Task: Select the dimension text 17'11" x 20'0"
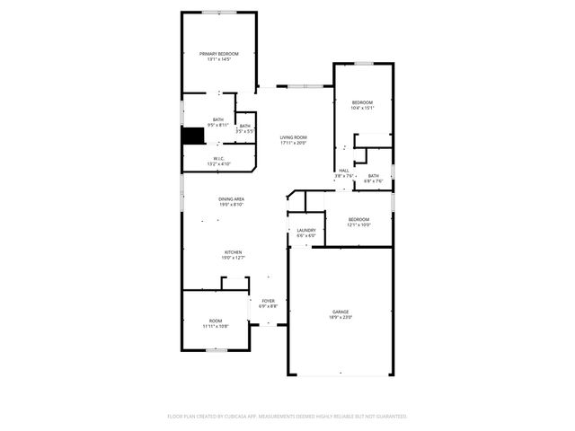click(x=293, y=143)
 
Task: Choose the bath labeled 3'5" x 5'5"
click(x=244, y=128)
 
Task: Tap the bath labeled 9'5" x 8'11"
click(x=217, y=122)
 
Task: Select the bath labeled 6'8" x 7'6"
click(x=373, y=179)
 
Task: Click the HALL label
click(x=344, y=171)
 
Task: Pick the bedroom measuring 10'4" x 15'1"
click(x=362, y=105)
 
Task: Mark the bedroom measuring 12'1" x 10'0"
click(x=358, y=222)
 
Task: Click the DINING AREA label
click(x=232, y=201)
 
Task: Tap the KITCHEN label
click(x=233, y=254)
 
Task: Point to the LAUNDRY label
click(x=305, y=233)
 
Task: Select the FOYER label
click(x=268, y=302)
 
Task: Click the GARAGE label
click(x=341, y=312)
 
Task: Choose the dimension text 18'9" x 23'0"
click(x=341, y=317)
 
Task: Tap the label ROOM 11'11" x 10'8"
click(x=216, y=323)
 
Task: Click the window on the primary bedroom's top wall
click(x=219, y=12)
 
